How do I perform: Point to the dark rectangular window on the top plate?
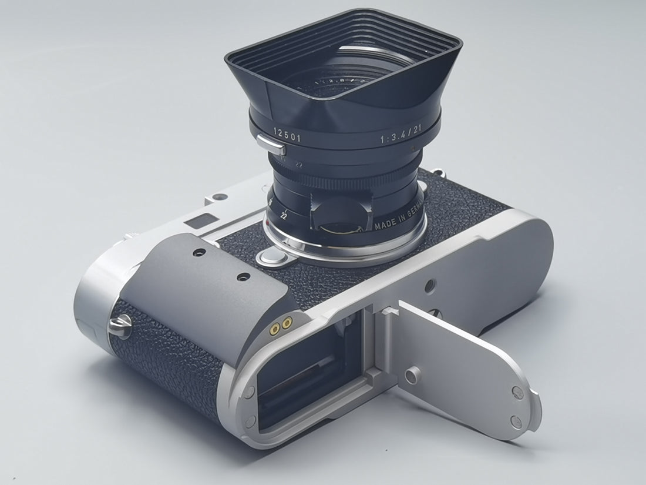196,222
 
